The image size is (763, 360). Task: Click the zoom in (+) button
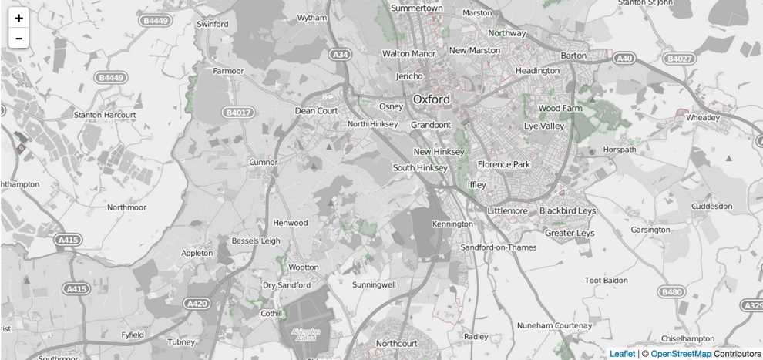tap(18, 18)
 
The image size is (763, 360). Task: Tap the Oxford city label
tap(432, 99)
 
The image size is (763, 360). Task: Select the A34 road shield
tap(339, 55)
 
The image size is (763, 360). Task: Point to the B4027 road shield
tap(679, 58)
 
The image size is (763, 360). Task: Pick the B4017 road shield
tap(238, 113)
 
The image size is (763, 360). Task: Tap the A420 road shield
tap(197, 304)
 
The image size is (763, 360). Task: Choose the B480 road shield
tap(671, 292)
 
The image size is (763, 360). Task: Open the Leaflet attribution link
tap(623, 354)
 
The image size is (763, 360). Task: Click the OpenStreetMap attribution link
tap(681, 354)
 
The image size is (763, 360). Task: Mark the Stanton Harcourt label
tap(105, 115)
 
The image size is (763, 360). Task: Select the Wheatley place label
tap(702, 118)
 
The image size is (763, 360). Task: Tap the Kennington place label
tap(452, 224)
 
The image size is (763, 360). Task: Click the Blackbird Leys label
tap(567, 210)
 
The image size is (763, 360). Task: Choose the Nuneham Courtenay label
tap(554, 325)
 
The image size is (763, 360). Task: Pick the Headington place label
tap(537, 71)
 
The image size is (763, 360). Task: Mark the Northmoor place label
tap(126, 207)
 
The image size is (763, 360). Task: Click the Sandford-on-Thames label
tap(498, 247)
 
